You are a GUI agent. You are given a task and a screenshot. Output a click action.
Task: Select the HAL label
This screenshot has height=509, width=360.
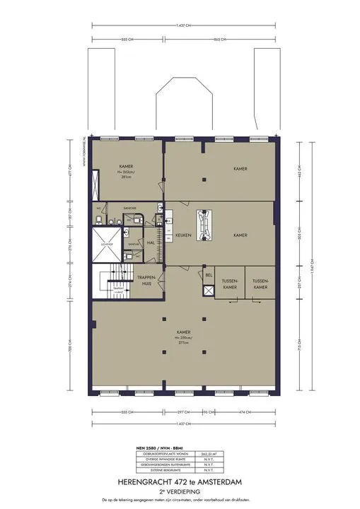[150, 241]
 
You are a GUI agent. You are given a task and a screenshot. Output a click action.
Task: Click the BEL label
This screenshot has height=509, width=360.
[208, 274]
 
